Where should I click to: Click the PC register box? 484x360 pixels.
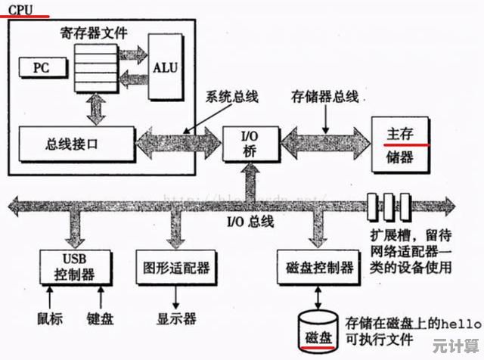(x=40, y=67)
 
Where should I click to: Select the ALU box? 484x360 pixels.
(x=165, y=67)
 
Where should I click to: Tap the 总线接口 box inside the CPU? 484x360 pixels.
(x=72, y=143)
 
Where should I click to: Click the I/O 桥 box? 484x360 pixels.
(x=250, y=143)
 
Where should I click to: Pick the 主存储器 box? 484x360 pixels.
(x=400, y=144)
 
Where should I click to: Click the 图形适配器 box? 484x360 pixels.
(x=175, y=266)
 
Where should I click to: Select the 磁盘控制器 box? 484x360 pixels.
(x=320, y=266)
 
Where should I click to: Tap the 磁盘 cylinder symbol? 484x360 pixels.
(x=318, y=331)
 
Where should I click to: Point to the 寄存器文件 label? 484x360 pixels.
(x=93, y=33)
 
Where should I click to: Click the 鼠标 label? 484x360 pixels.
(x=50, y=318)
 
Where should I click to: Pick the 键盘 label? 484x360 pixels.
(x=100, y=318)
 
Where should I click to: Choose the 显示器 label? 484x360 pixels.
(x=176, y=318)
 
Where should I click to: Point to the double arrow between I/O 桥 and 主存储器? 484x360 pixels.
(x=324, y=143)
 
